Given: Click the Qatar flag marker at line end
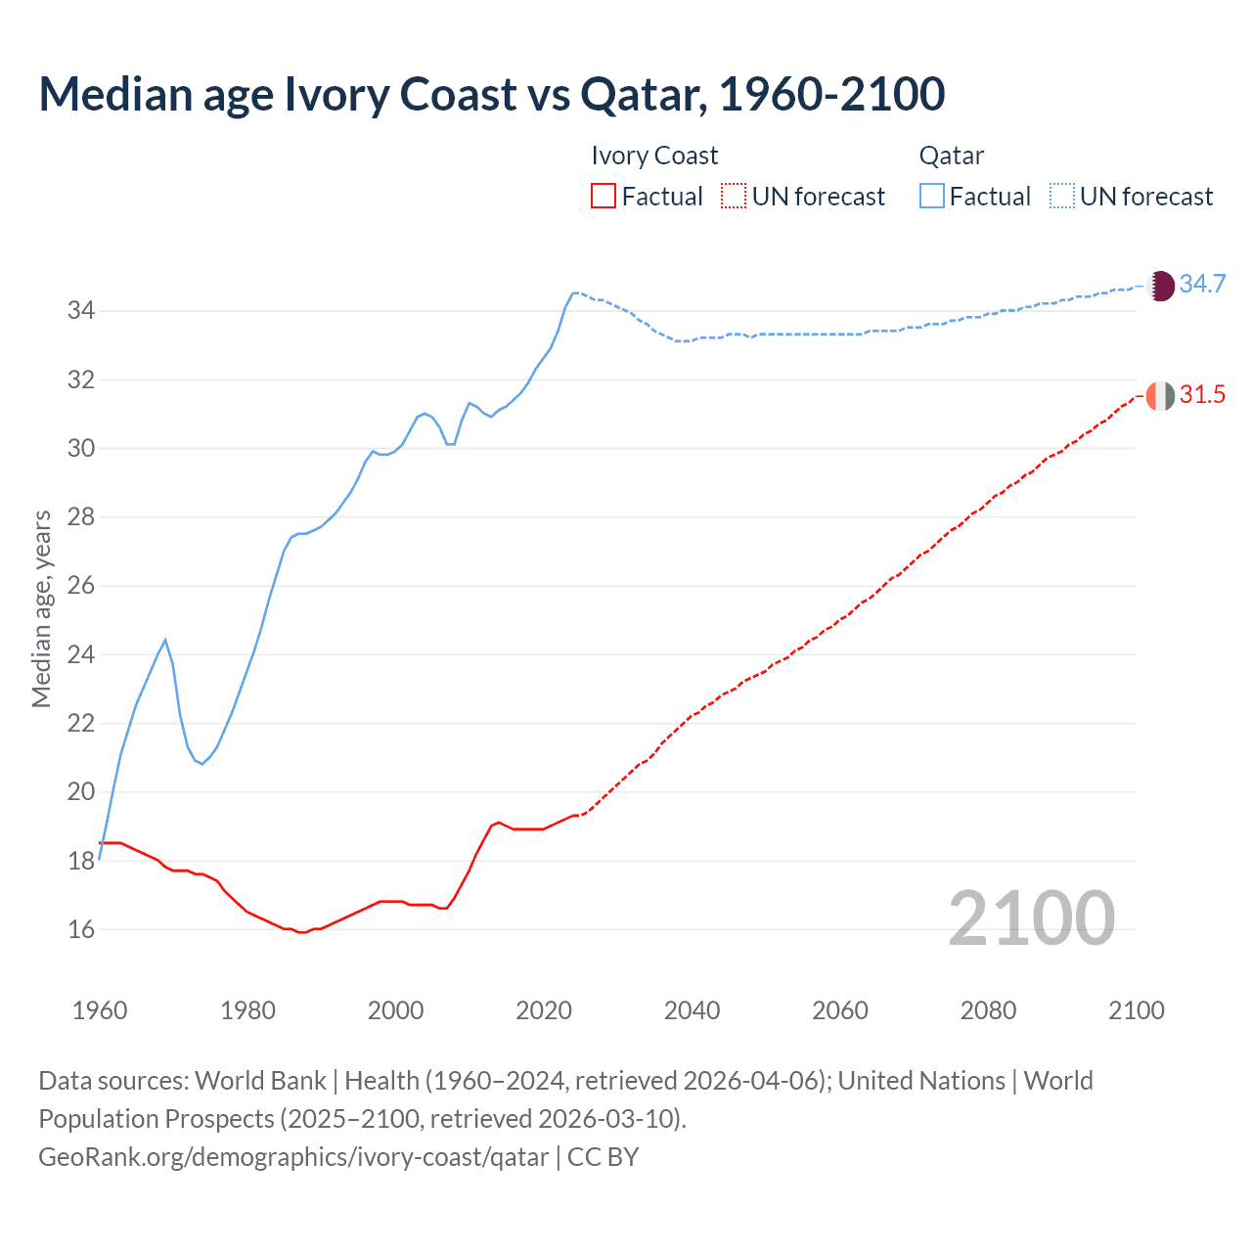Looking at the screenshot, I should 1160,286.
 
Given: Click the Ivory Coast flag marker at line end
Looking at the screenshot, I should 1160,395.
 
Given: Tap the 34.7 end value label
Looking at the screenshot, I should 1202,285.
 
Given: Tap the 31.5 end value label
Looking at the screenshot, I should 1202,395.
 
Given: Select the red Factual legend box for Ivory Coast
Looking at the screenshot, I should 604,197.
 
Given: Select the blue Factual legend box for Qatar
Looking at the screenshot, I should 932,197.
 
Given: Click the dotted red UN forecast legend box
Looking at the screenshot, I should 734,197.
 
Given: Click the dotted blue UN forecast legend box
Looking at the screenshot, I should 1061,197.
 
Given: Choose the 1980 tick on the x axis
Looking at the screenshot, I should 247,1010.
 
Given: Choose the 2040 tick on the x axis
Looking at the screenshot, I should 692,1010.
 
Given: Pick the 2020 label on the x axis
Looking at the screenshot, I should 544,1010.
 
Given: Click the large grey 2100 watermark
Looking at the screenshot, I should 1031,917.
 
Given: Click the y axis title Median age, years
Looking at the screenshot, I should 41,608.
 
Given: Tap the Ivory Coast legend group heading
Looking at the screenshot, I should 654,156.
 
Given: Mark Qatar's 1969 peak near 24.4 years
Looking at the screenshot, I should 165,640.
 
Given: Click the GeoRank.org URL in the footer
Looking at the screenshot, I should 293,1157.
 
